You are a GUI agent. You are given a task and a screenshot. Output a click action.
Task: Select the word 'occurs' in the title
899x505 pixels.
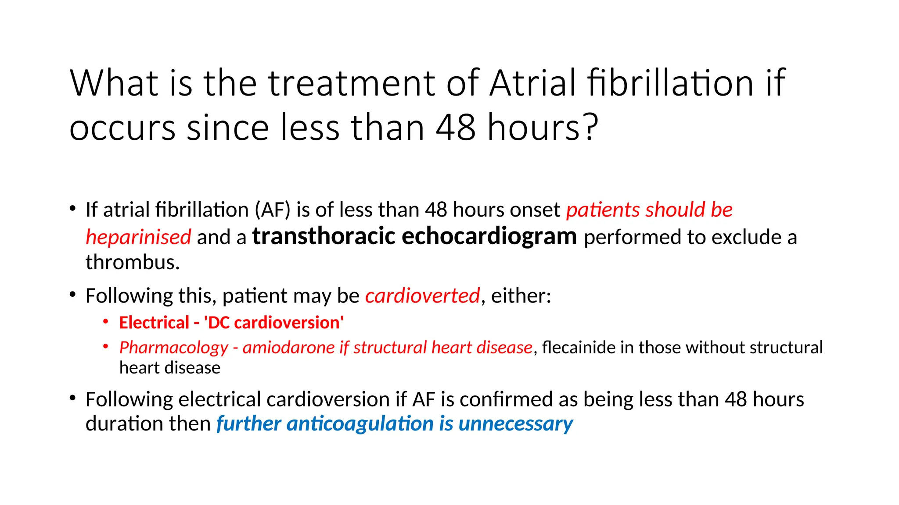tap(122, 128)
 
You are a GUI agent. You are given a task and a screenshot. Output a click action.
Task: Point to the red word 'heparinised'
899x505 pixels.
tap(138, 237)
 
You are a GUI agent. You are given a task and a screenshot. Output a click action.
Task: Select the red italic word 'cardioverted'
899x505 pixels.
tap(422, 296)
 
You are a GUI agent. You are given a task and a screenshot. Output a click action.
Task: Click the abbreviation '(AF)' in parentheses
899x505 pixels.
tap(273, 210)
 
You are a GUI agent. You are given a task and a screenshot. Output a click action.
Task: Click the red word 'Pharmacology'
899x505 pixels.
tap(174, 348)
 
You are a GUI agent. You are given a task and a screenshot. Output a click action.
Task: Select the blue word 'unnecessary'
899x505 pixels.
tap(516, 424)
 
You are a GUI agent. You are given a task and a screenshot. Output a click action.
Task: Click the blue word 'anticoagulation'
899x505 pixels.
tap(360, 424)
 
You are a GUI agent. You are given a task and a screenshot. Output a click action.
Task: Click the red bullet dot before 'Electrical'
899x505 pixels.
tap(106, 322)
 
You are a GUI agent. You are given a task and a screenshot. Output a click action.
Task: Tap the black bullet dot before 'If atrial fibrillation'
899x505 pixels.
tap(72, 209)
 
